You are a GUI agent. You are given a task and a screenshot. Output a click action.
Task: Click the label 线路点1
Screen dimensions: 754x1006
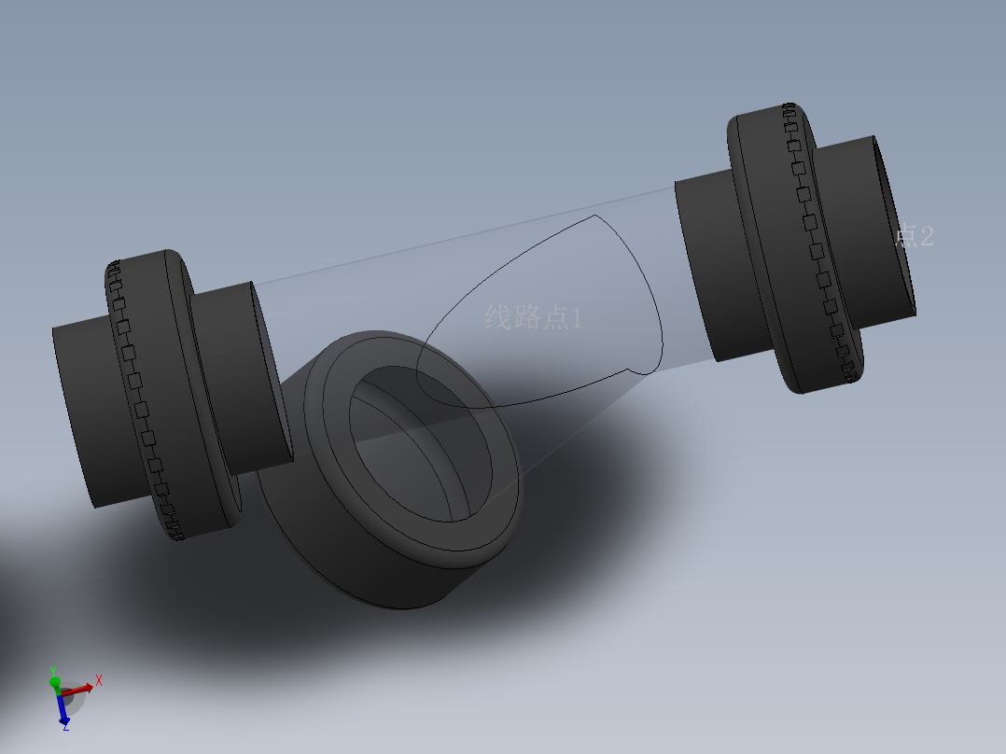click(x=533, y=318)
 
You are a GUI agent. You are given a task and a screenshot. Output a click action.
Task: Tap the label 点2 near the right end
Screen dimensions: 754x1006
click(x=914, y=236)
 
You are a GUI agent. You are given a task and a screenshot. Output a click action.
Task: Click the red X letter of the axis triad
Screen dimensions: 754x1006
click(x=99, y=680)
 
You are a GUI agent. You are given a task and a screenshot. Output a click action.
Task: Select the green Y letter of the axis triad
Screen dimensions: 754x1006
click(x=53, y=669)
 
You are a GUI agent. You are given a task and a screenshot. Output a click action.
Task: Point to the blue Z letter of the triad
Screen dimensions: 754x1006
click(x=65, y=727)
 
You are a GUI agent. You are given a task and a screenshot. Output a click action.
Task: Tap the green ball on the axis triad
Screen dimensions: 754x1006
click(x=55, y=682)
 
